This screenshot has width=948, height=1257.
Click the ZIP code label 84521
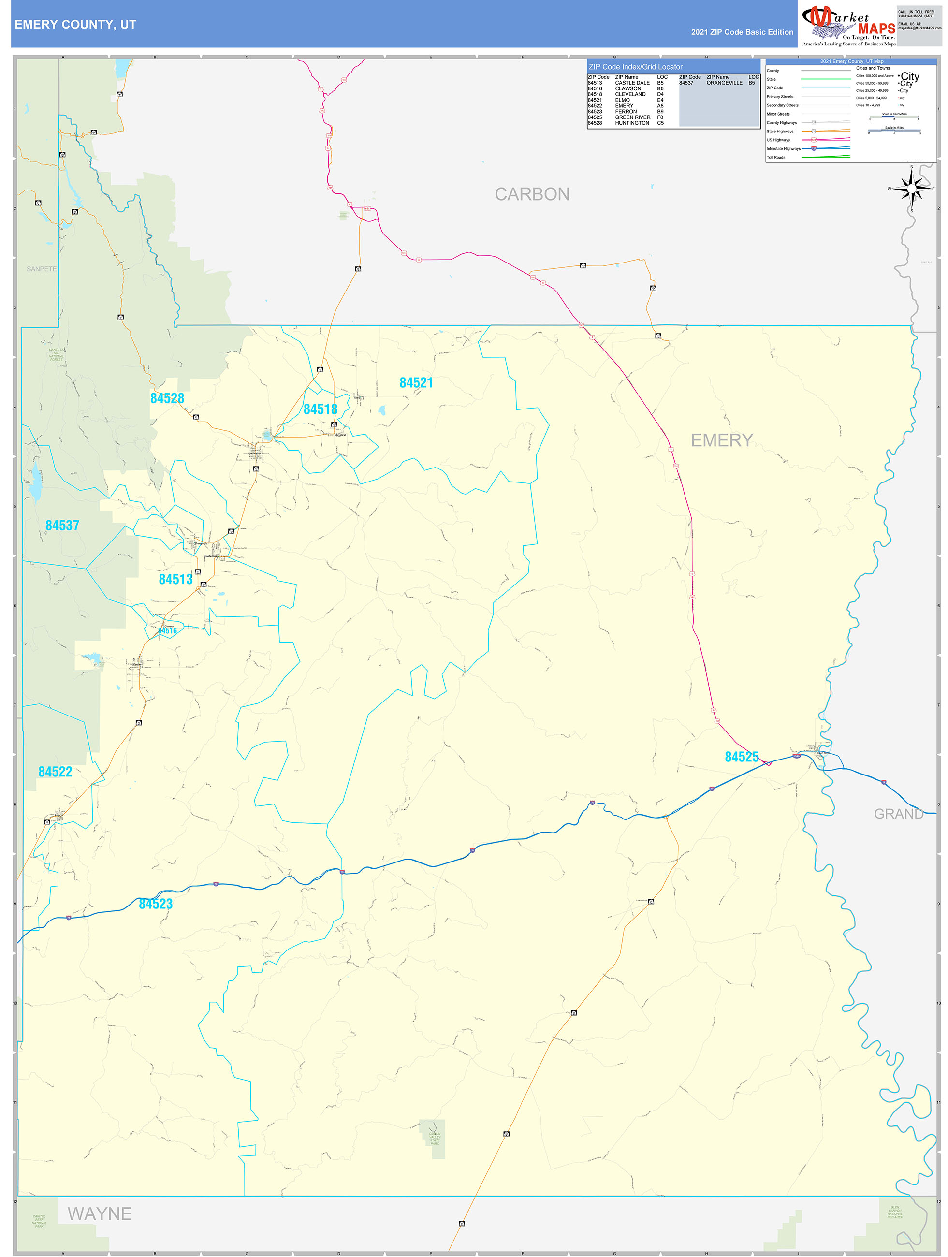[x=416, y=383]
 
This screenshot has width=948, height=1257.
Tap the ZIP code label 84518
[x=321, y=409]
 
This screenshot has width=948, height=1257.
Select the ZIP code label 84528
[x=167, y=398]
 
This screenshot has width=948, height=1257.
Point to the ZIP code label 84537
[x=62, y=526]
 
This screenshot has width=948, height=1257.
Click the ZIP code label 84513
[x=175, y=580]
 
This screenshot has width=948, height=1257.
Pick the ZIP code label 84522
[x=55, y=772]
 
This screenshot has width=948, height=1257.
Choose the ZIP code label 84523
[x=156, y=904]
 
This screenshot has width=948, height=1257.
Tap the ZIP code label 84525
[x=742, y=757]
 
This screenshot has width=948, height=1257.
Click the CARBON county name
[x=532, y=194]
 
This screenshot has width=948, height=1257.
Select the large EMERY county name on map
[x=722, y=440]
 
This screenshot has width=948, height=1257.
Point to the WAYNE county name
[x=100, y=1214]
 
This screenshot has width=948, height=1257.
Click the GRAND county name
[x=899, y=814]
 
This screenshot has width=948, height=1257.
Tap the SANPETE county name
[x=42, y=269]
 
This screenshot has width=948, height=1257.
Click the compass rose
[x=912, y=189]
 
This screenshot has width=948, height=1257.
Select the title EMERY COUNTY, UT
[x=75, y=25]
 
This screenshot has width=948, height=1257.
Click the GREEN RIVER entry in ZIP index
[x=633, y=117]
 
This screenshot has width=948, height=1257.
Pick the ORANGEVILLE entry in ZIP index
[x=724, y=83]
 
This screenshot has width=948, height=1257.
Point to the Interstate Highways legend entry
[x=783, y=149]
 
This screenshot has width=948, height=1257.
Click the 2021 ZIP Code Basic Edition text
[x=742, y=32]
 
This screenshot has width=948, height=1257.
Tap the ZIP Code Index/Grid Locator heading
[x=635, y=67]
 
